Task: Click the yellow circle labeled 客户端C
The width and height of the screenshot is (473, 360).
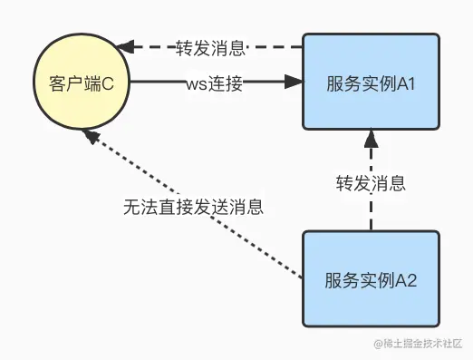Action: click(81, 83)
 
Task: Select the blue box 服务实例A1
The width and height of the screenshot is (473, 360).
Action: click(371, 83)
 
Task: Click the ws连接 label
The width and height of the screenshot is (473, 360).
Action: click(216, 83)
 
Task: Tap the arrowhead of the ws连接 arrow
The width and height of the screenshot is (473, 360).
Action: click(293, 83)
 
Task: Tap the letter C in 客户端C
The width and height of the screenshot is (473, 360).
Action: click(109, 83)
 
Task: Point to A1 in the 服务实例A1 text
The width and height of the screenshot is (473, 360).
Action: click(404, 83)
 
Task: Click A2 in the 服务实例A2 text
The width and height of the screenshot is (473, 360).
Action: click(404, 278)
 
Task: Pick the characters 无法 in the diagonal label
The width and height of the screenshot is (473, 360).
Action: click(137, 206)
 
